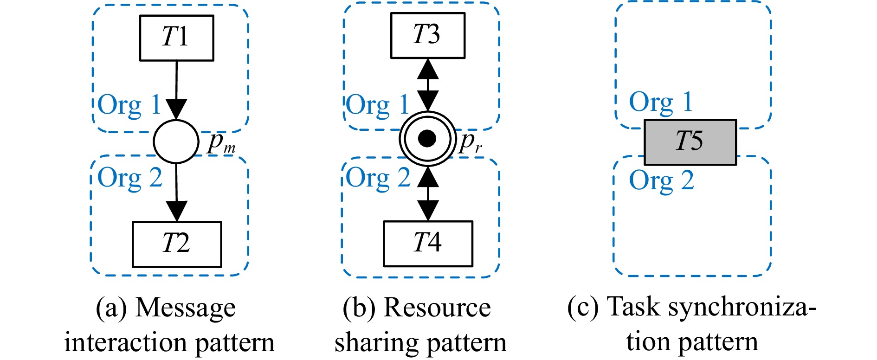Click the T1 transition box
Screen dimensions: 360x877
[176, 38]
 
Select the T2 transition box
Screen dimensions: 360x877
[177, 244]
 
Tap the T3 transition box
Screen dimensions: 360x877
[427, 35]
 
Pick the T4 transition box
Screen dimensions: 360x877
[428, 244]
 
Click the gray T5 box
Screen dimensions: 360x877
[690, 142]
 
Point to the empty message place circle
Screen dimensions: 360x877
[176, 141]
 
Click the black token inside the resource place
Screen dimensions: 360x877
[427, 138]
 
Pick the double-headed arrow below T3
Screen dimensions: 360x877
[427, 84]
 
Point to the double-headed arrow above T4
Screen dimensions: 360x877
[427, 193]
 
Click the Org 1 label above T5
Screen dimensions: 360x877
[660, 103]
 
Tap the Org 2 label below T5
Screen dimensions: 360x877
[661, 181]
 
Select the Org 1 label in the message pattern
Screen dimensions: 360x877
[129, 105]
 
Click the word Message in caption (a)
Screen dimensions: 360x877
[186, 308]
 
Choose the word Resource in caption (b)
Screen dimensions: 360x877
[437, 308]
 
